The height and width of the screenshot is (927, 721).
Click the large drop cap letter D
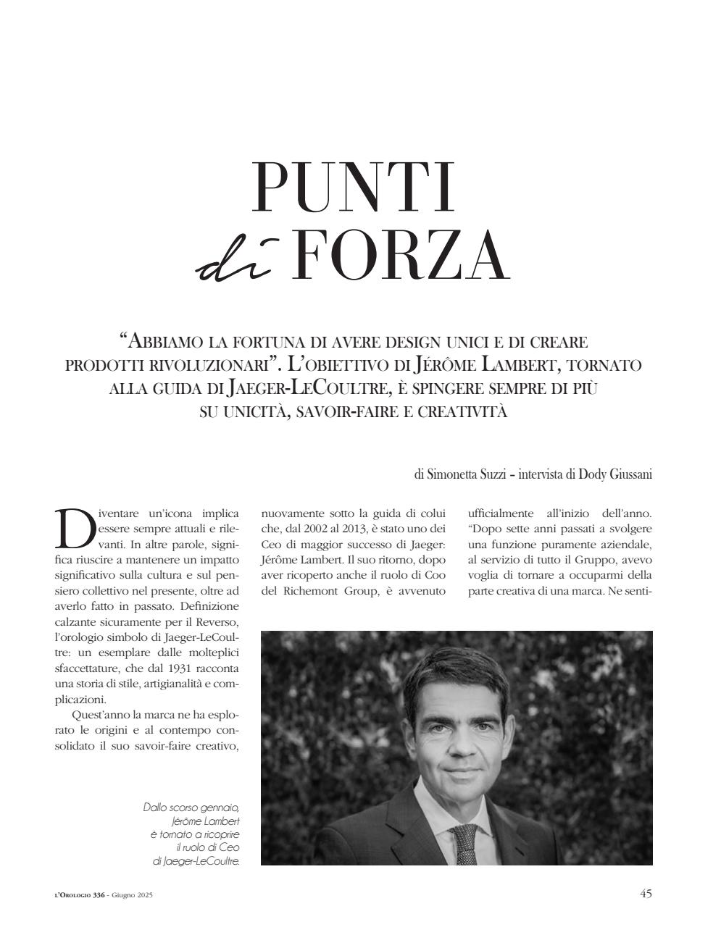(73, 527)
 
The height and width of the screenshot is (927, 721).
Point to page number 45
(646, 893)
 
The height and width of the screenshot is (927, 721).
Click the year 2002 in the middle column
(320, 529)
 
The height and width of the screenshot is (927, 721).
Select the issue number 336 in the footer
(99, 895)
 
